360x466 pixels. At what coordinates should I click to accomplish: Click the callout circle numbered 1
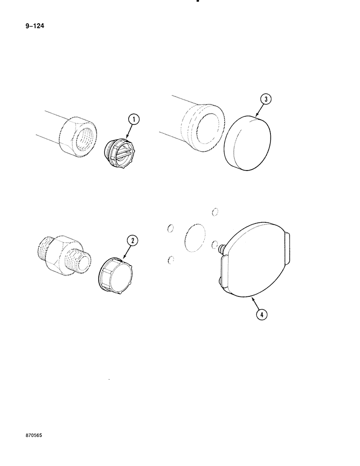point(134,120)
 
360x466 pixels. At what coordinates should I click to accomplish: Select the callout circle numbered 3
point(265,99)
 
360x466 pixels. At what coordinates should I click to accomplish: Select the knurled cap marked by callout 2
point(115,275)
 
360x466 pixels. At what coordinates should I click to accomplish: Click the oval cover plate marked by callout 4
point(254,263)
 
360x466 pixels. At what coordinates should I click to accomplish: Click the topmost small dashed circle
point(215,212)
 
